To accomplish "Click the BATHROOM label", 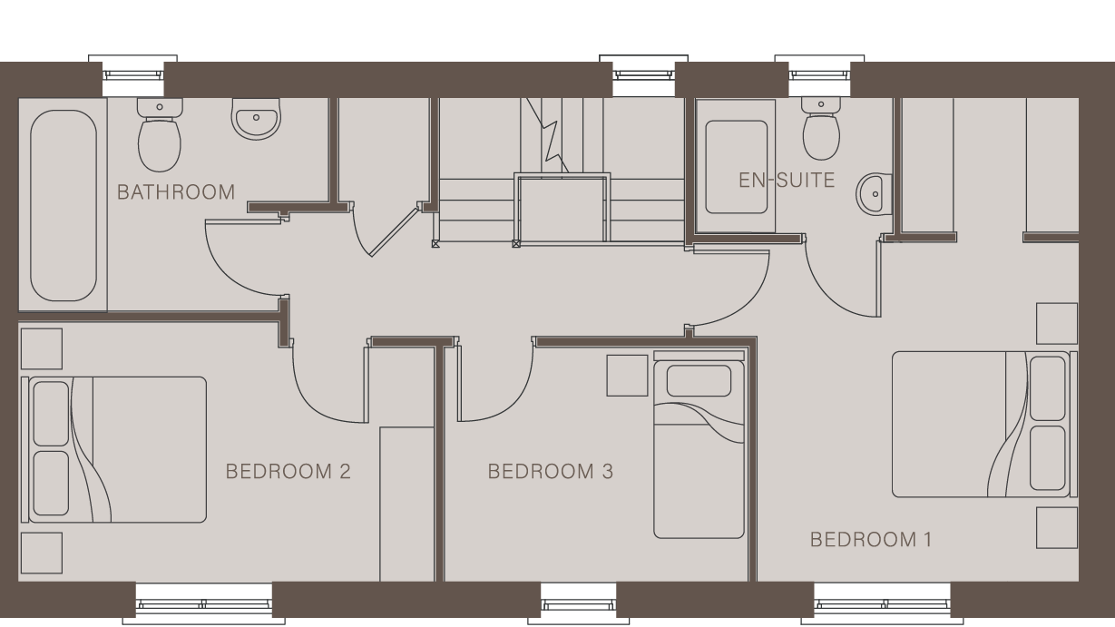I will coord(176,192).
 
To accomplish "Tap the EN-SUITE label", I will coord(786,180).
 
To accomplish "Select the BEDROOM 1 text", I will coord(870,540).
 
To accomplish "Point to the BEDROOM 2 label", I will coord(288,472).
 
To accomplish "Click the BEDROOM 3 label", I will coord(550,472).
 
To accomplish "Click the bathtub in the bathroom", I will coord(63,205).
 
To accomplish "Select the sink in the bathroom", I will coord(255,119).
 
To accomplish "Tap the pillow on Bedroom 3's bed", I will coord(699,380).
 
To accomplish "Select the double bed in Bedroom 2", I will coord(117,450).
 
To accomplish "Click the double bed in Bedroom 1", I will coord(980,425).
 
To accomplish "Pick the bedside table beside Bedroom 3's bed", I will coord(627,375).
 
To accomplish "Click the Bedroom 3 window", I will coord(578,601).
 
